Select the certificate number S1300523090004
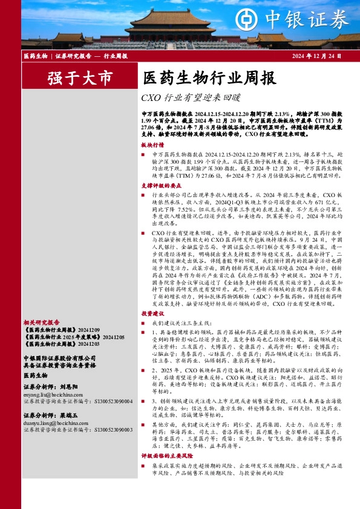[x=105, y=400]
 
